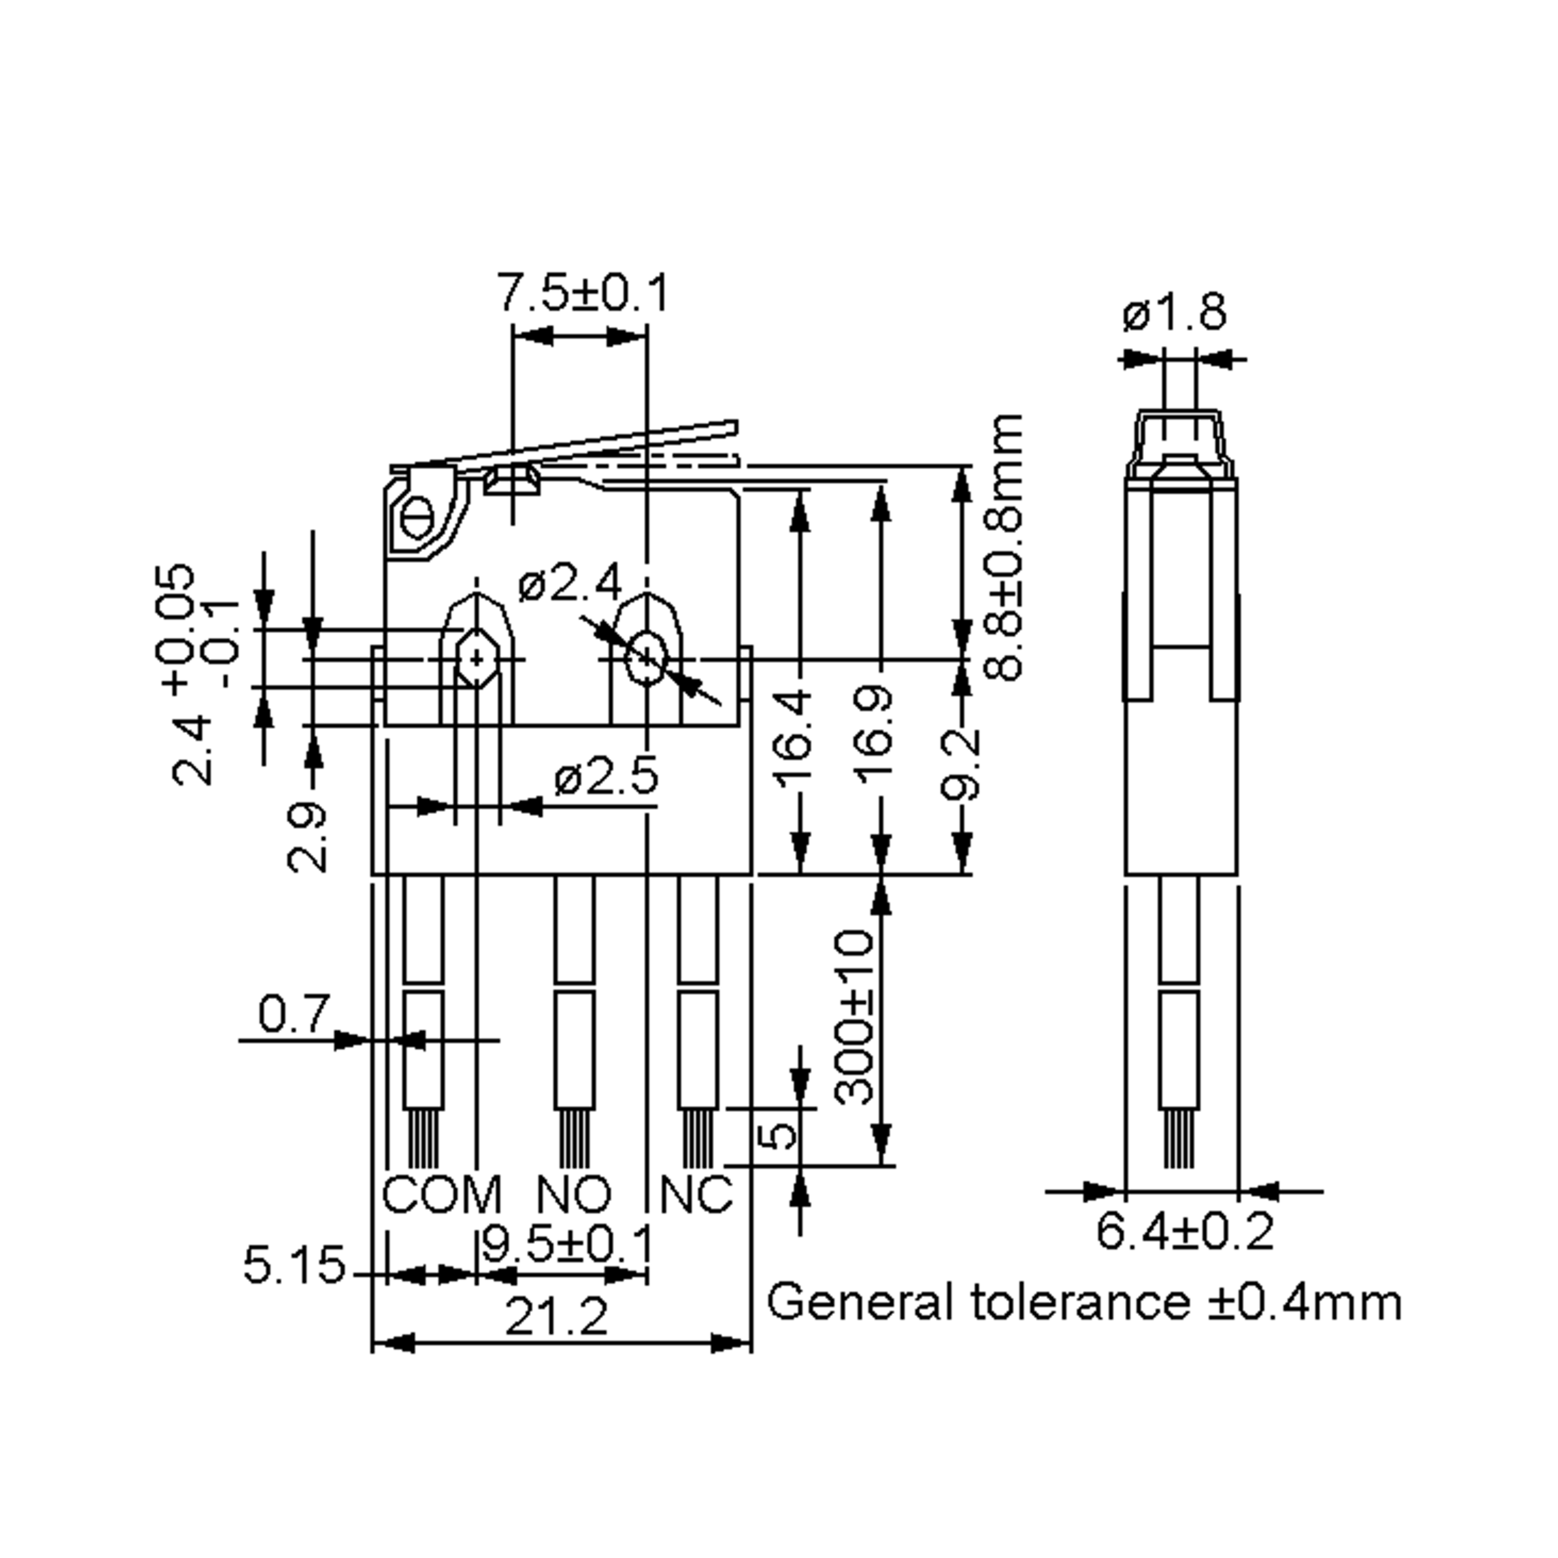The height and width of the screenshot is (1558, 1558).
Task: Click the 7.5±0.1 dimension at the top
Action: pyautogui.click(x=583, y=293)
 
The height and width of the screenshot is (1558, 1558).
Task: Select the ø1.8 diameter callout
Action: pyautogui.click(x=1174, y=312)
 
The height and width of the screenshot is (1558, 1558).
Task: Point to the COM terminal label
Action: pyautogui.click(x=441, y=1195)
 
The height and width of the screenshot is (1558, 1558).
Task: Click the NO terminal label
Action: pyautogui.click(x=574, y=1195)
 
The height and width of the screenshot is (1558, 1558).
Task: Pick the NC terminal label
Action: pyautogui.click(x=696, y=1195)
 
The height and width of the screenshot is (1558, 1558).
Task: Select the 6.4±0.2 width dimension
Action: pyautogui.click(x=1185, y=1232)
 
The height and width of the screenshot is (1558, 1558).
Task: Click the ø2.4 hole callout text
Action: pyautogui.click(x=570, y=583)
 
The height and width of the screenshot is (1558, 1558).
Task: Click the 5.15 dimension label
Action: pyautogui.click(x=294, y=1265)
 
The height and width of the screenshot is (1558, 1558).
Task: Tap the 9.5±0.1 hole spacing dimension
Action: pyautogui.click(x=567, y=1244)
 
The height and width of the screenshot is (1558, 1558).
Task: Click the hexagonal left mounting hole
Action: pyautogui.click(x=477, y=659)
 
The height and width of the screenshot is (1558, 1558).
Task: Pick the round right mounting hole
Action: pyautogui.click(x=646, y=659)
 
